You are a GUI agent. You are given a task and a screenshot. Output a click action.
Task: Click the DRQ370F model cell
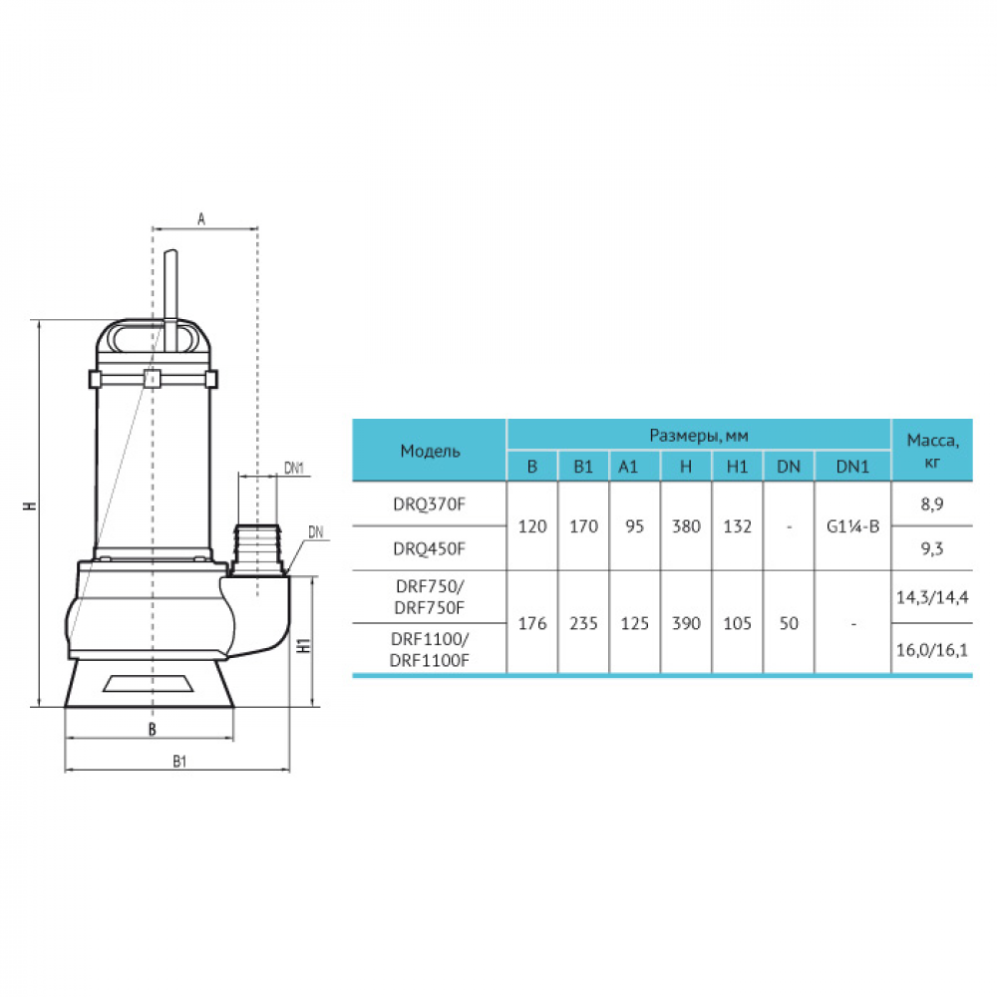pos(429,504)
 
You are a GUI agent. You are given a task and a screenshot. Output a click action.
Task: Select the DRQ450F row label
pos(429,548)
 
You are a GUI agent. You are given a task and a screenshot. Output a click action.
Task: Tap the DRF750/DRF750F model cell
pos(429,597)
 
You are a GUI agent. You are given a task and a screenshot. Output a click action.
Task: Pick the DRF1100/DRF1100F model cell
pos(429,650)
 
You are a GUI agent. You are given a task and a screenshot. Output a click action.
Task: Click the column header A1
pos(628,467)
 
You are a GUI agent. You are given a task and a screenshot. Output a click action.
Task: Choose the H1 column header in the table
pos(737,467)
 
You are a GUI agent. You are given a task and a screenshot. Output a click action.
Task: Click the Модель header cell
pos(430,451)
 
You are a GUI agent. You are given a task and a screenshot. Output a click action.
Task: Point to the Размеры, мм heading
pos(699,436)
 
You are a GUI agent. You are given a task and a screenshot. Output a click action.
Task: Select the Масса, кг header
pos(932,451)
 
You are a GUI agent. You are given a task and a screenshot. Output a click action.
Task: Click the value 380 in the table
pos(686,526)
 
